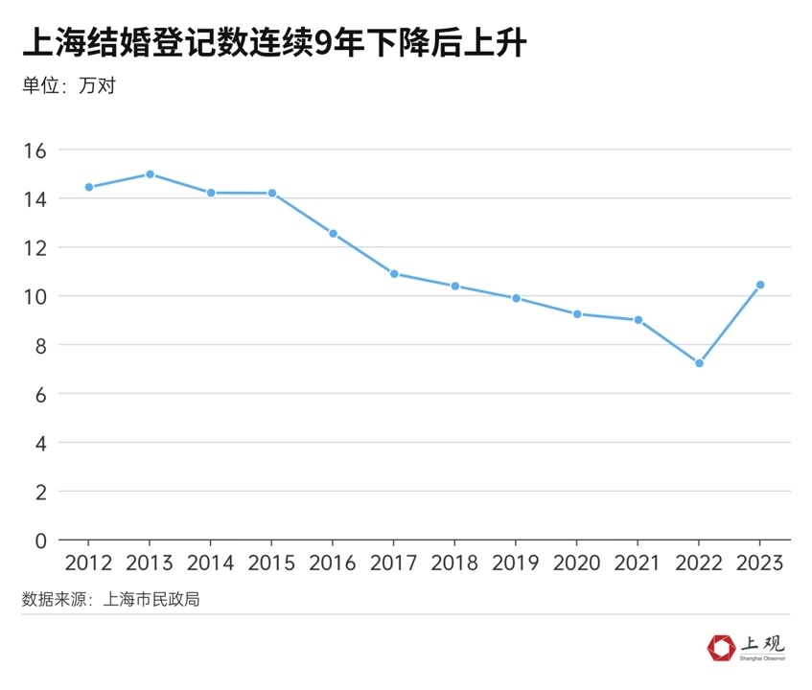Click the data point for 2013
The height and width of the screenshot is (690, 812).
151,174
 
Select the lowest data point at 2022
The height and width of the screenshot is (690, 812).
699,363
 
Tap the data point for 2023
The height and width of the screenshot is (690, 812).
760,285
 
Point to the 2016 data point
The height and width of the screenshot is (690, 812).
334,234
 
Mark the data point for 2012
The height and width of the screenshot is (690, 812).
89,187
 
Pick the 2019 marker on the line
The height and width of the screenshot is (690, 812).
516,298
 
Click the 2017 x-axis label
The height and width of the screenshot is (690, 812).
394,563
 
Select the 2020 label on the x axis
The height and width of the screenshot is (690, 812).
577,563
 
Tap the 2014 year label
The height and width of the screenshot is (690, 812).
211,563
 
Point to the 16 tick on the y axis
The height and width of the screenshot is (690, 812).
35,150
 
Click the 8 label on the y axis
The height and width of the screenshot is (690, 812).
40,345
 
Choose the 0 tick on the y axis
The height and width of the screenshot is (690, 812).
40,540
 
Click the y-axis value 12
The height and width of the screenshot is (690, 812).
35,247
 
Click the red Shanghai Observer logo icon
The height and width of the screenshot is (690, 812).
719,649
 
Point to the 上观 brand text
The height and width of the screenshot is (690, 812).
761,644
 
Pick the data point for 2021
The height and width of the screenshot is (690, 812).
638,320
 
